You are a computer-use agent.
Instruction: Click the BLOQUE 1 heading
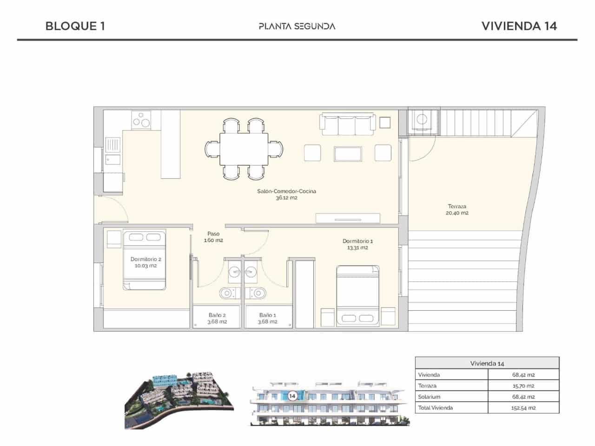click(75, 26)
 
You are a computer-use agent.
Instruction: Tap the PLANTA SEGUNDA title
click(297, 26)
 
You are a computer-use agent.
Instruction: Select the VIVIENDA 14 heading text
click(519, 26)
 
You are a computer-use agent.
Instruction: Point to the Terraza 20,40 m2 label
click(457, 210)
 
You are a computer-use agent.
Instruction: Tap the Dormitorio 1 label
click(357, 244)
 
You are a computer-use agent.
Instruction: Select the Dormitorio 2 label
click(145, 262)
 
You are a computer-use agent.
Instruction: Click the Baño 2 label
click(217, 318)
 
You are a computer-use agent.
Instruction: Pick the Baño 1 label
click(268, 318)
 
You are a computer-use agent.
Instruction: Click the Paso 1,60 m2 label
click(213, 237)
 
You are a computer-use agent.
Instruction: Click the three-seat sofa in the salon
click(347, 123)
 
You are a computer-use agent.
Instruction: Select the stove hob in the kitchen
click(141, 119)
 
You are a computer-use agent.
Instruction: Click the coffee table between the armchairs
click(348, 153)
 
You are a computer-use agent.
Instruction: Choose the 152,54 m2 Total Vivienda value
click(523, 408)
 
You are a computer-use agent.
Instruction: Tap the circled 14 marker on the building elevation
click(292, 396)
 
